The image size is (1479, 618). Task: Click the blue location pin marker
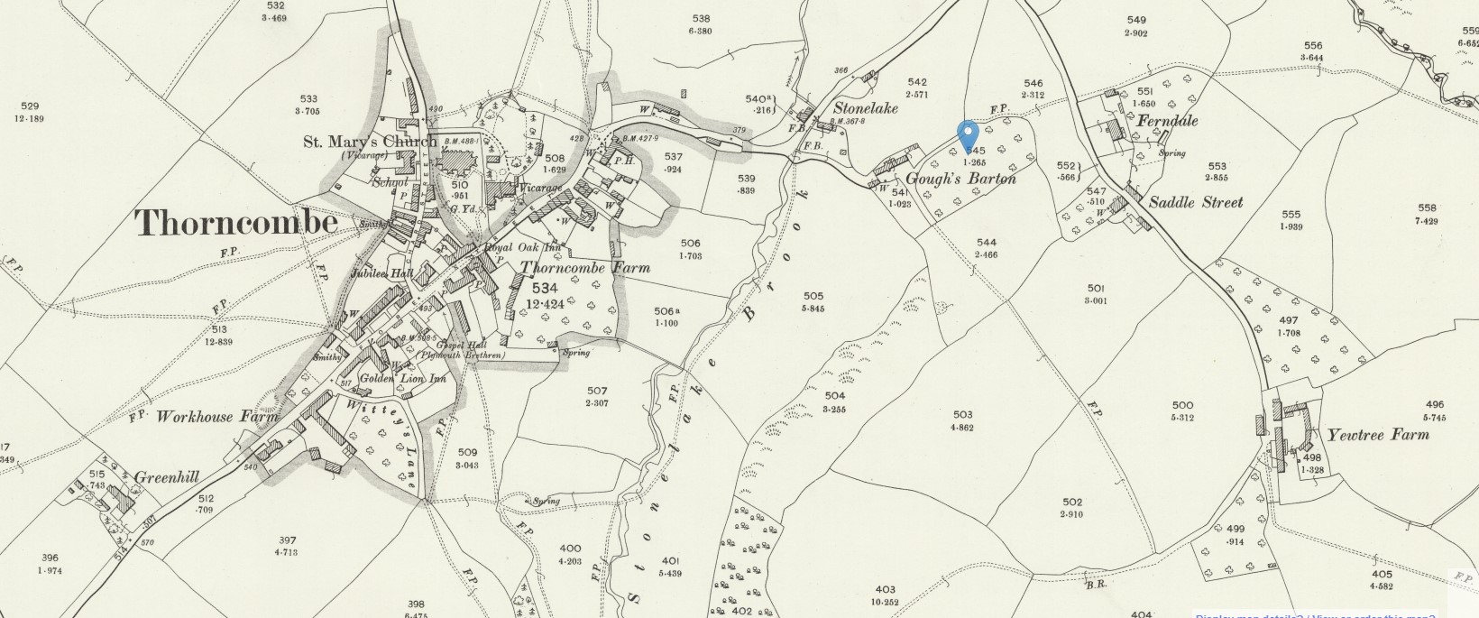[x=969, y=138]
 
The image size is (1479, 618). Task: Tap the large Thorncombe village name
[x=237, y=223]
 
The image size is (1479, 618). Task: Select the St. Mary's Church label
[x=369, y=142]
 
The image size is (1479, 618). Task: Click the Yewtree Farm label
[x=1377, y=435]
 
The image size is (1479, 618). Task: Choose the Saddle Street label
[x=1195, y=202]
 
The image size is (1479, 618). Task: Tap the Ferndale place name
[x=1167, y=121]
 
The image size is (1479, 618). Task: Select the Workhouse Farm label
[x=207, y=417]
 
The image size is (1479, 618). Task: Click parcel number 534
[x=546, y=288]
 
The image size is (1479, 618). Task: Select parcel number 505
[x=813, y=296]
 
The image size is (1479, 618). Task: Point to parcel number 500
[x=1181, y=405]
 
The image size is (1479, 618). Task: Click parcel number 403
[x=885, y=590]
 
